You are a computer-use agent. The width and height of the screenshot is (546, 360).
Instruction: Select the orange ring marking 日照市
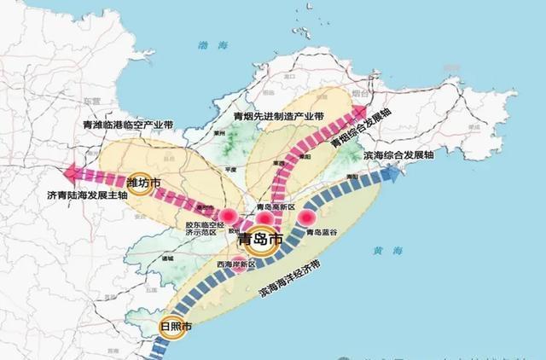[165, 328]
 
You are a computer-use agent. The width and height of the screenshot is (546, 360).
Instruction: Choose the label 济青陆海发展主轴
[87, 196]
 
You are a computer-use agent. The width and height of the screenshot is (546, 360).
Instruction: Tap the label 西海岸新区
[235, 264]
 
